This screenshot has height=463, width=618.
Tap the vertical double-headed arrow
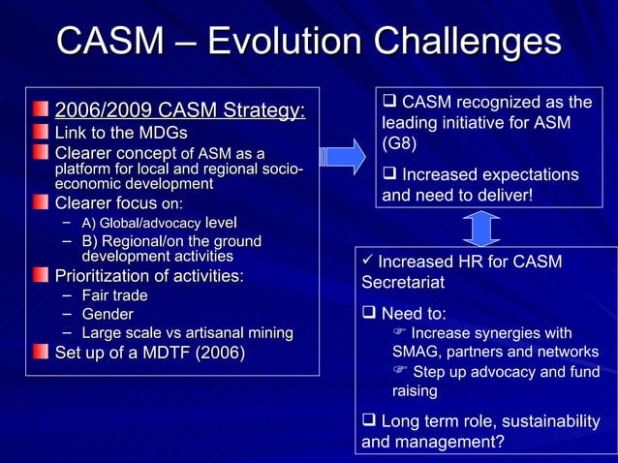pyautogui.click(x=480, y=229)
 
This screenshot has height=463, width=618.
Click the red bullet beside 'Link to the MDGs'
pyautogui.click(x=41, y=133)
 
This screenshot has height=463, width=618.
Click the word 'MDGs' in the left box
pyautogui.click(x=166, y=133)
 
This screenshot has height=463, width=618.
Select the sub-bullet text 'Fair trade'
pyautogui.click(x=114, y=295)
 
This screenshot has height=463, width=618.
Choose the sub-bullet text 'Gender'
pyautogui.click(x=108, y=314)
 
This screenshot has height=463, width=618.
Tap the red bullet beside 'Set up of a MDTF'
pyautogui.click(x=41, y=354)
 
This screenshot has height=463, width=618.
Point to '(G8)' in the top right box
pyautogui.click(x=399, y=144)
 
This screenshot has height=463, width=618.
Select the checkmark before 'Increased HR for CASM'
pyautogui.click(x=367, y=262)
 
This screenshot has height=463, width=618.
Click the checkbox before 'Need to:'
pyautogui.click(x=369, y=314)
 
